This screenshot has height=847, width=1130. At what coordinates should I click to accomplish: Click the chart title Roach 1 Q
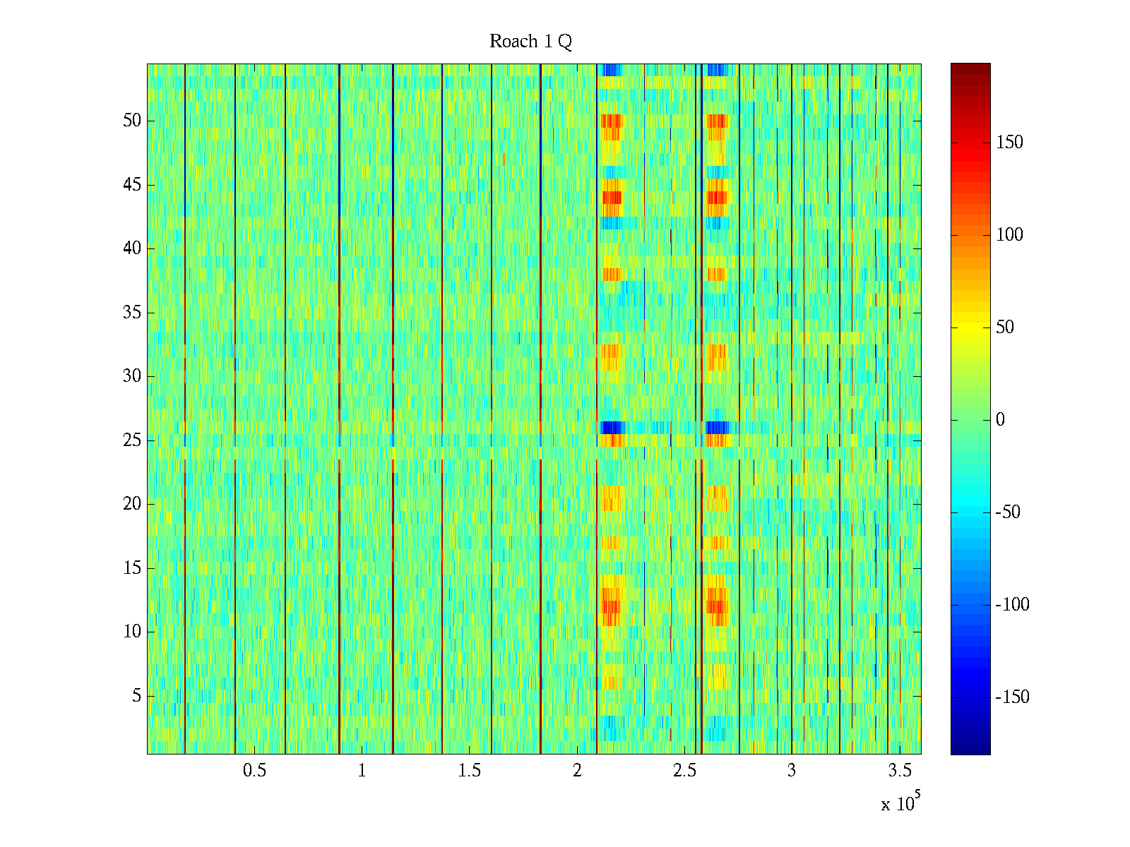pos(530,42)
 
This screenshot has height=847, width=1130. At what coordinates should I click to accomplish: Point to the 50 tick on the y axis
pos(132,121)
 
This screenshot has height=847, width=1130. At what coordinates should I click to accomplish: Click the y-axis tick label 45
pos(132,185)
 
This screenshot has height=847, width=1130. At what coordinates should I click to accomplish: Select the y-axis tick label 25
pos(132,440)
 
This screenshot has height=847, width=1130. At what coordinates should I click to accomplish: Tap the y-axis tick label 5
pos(136,696)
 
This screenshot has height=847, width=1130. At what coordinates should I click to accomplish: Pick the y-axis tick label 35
pos(132,313)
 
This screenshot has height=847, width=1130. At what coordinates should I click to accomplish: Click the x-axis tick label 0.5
pos(254,771)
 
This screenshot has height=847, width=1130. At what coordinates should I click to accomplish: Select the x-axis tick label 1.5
pos(469,771)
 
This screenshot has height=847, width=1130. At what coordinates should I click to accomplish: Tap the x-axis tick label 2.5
pos(684,771)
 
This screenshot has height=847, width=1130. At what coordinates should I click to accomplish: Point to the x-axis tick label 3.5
pos(898,771)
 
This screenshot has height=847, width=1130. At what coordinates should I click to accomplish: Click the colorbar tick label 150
pos(1009,143)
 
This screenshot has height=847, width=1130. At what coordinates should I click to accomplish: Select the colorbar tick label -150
pos(1012,697)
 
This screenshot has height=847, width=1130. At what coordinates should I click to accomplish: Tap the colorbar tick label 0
pos(1000,420)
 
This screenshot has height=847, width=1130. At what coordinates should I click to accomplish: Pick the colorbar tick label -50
pos(1008,512)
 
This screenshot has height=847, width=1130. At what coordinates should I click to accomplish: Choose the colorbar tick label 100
pos(1009,235)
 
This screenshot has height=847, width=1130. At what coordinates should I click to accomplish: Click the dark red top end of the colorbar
pos(970,67)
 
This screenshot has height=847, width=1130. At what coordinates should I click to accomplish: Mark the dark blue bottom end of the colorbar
pos(970,750)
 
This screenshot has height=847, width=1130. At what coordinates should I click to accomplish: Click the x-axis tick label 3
pos(791,771)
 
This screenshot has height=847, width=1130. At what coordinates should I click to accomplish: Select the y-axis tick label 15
pos(132,568)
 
